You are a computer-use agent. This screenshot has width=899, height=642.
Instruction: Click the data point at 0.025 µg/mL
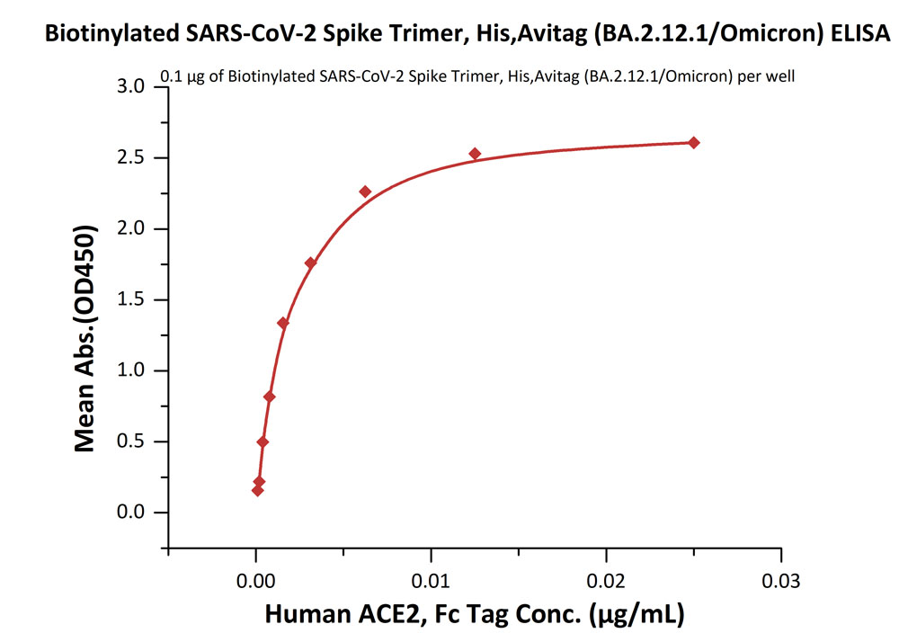(693, 143)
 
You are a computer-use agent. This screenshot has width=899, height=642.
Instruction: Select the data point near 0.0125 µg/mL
(475, 154)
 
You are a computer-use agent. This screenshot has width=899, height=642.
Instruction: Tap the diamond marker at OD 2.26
(365, 192)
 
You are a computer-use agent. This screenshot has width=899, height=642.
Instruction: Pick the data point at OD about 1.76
(310, 263)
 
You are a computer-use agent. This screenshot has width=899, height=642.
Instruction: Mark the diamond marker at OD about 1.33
(283, 323)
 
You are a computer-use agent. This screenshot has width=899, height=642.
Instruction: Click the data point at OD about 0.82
(269, 397)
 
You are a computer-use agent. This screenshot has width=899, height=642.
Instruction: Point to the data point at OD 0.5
(263, 441)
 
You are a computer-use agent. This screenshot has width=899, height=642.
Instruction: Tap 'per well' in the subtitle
(765, 76)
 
